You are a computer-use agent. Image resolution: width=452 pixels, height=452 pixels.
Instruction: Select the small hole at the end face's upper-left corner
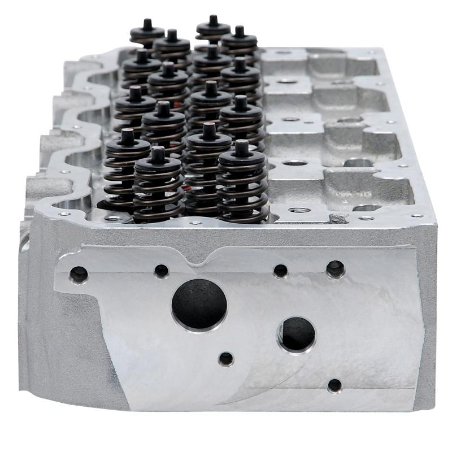tap(79, 275)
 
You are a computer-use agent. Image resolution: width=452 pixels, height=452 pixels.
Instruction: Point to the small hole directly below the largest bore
tap(226, 358)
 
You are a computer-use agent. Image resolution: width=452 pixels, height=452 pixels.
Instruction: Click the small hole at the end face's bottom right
tap(334, 385)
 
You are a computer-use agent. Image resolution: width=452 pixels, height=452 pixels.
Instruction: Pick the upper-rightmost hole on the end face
tap(335, 269)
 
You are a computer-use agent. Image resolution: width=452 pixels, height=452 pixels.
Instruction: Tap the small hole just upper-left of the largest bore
tap(162, 271)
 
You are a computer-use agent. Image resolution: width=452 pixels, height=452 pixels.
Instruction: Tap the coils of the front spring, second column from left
tap(158, 192)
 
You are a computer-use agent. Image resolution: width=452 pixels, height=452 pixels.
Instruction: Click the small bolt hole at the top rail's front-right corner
tap(417, 215)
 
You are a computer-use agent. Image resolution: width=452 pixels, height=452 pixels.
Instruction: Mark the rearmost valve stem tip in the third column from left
tap(213, 20)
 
